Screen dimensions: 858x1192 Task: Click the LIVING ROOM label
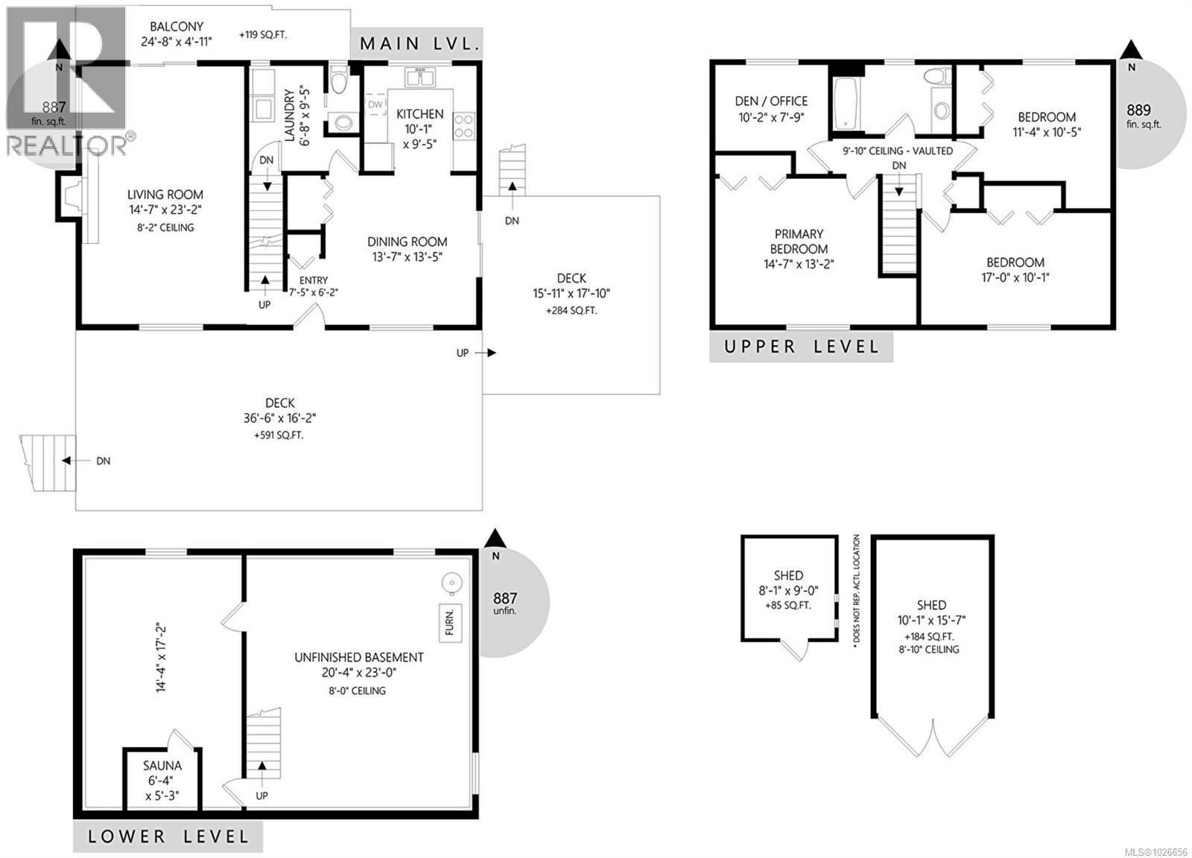tap(165, 195)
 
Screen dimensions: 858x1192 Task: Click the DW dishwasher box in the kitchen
tap(375, 105)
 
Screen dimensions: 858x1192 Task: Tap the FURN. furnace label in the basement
tap(449, 622)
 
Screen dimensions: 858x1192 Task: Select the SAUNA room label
tap(162, 766)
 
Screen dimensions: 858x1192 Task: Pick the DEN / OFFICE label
tap(770, 101)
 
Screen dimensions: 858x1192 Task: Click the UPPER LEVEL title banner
tap(801, 347)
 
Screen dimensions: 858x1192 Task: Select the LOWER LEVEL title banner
tap(168, 836)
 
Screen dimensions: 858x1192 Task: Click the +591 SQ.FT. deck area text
tap(279, 435)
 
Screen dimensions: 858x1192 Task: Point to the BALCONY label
tap(177, 27)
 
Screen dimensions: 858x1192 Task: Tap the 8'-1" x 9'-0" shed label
tap(787, 590)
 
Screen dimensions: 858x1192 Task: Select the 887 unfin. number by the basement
tap(504, 598)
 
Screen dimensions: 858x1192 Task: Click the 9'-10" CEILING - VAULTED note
tap(897, 151)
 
